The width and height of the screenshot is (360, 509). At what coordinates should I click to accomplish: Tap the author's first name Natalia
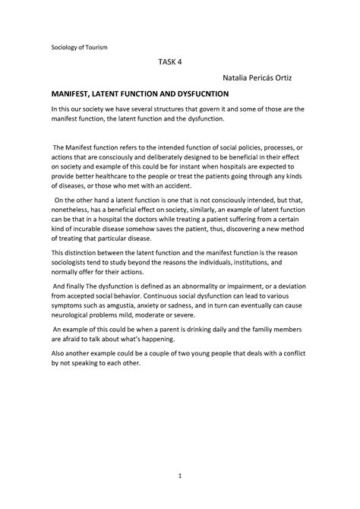pyautogui.click(x=238, y=80)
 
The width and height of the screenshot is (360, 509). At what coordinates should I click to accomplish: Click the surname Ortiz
pyautogui.click(x=291, y=80)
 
